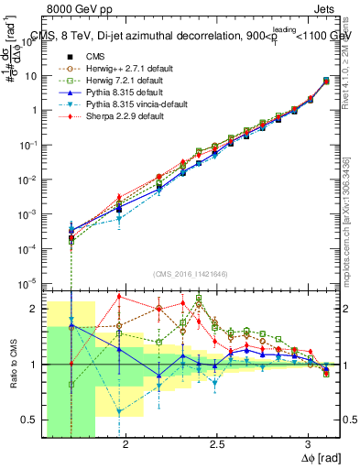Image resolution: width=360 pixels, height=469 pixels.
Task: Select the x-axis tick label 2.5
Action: pyautogui.click(x=217, y=442)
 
